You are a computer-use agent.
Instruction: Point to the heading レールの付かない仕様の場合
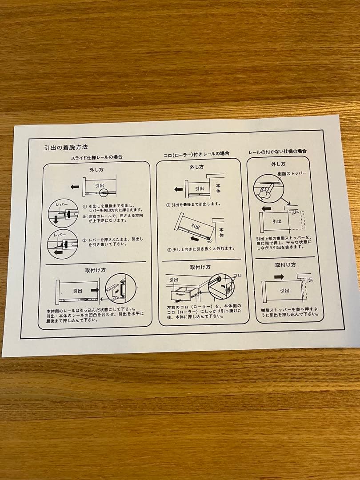[x=277, y=151]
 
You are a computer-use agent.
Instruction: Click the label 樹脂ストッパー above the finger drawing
[x=292, y=173]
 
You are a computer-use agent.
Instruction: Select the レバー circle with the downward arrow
[x=63, y=213]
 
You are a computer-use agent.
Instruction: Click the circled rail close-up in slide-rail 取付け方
[x=120, y=288]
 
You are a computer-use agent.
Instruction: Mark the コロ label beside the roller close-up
[x=237, y=275]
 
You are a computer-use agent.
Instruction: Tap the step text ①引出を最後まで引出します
[x=193, y=205]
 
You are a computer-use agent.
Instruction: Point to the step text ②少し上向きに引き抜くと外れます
[x=201, y=248]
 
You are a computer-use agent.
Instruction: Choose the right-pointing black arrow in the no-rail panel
[x=279, y=276]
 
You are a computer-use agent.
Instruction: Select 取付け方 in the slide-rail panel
[x=95, y=270]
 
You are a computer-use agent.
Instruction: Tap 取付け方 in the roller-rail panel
[x=200, y=267]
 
